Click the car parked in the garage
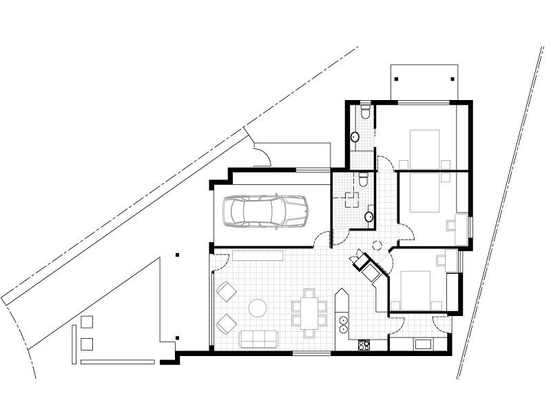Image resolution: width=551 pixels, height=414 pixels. [x=265, y=210]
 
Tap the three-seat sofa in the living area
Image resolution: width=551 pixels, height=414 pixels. [x=258, y=338]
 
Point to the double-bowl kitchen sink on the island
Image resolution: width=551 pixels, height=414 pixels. [x=342, y=324]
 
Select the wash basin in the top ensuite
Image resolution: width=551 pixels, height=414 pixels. [x=355, y=137]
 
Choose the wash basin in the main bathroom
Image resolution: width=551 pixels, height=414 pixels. [x=369, y=217]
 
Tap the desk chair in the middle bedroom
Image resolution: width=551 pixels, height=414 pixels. [x=452, y=224]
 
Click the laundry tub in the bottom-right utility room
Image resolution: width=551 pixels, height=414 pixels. [x=422, y=343]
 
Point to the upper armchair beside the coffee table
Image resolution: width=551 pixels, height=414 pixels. [x=225, y=291]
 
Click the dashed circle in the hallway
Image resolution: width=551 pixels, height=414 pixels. [x=377, y=245]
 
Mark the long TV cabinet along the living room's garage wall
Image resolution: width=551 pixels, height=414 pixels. [x=258, y=255]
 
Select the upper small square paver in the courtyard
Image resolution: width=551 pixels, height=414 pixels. [x=87, y=322]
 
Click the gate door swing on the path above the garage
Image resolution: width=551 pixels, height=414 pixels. [x=262, y=156]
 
